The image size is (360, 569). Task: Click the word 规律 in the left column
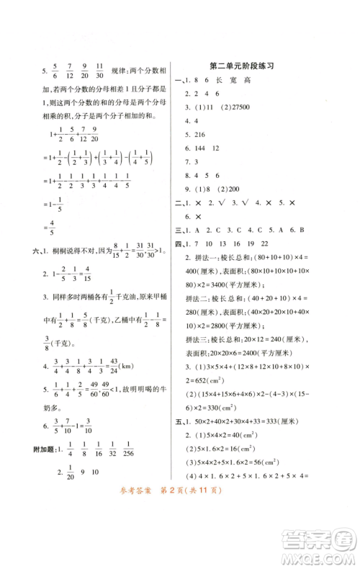pyautogui.click(x=128, y=71)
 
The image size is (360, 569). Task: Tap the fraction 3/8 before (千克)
pyautogui.click(x=50, y=340)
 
